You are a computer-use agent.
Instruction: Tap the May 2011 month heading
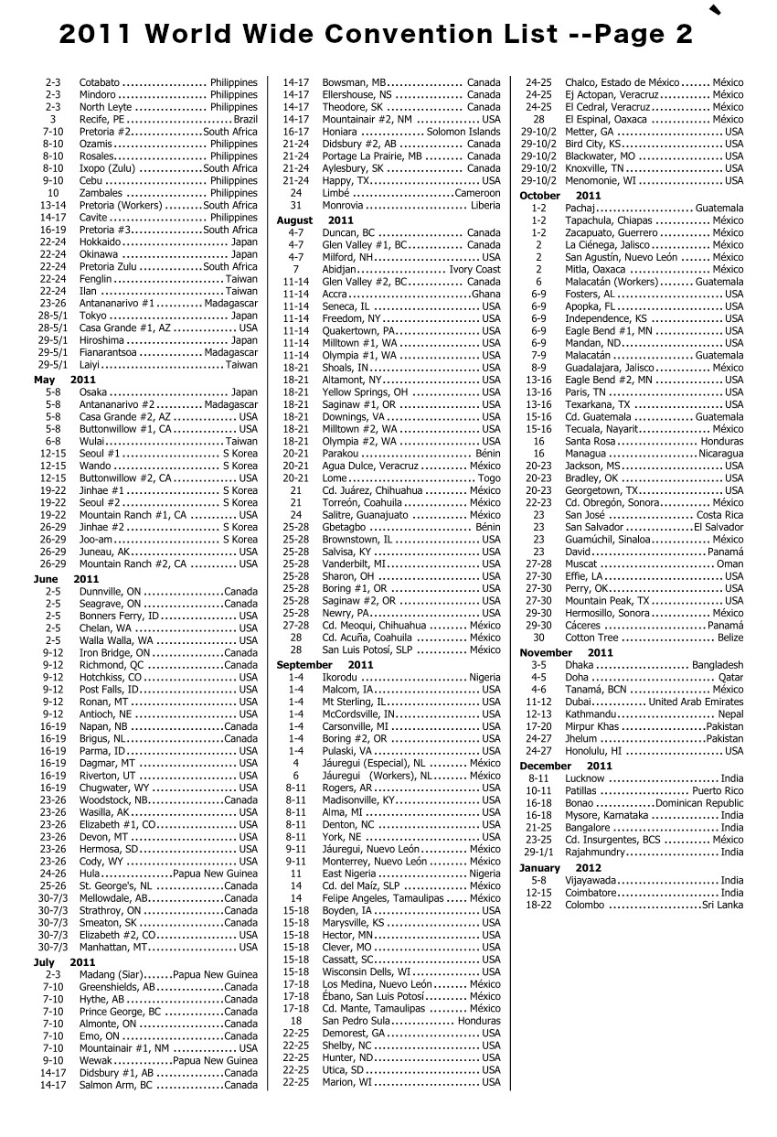point(64,380)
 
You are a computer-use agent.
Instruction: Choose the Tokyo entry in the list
point(93,316)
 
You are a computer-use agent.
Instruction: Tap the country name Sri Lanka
point(722,906)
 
